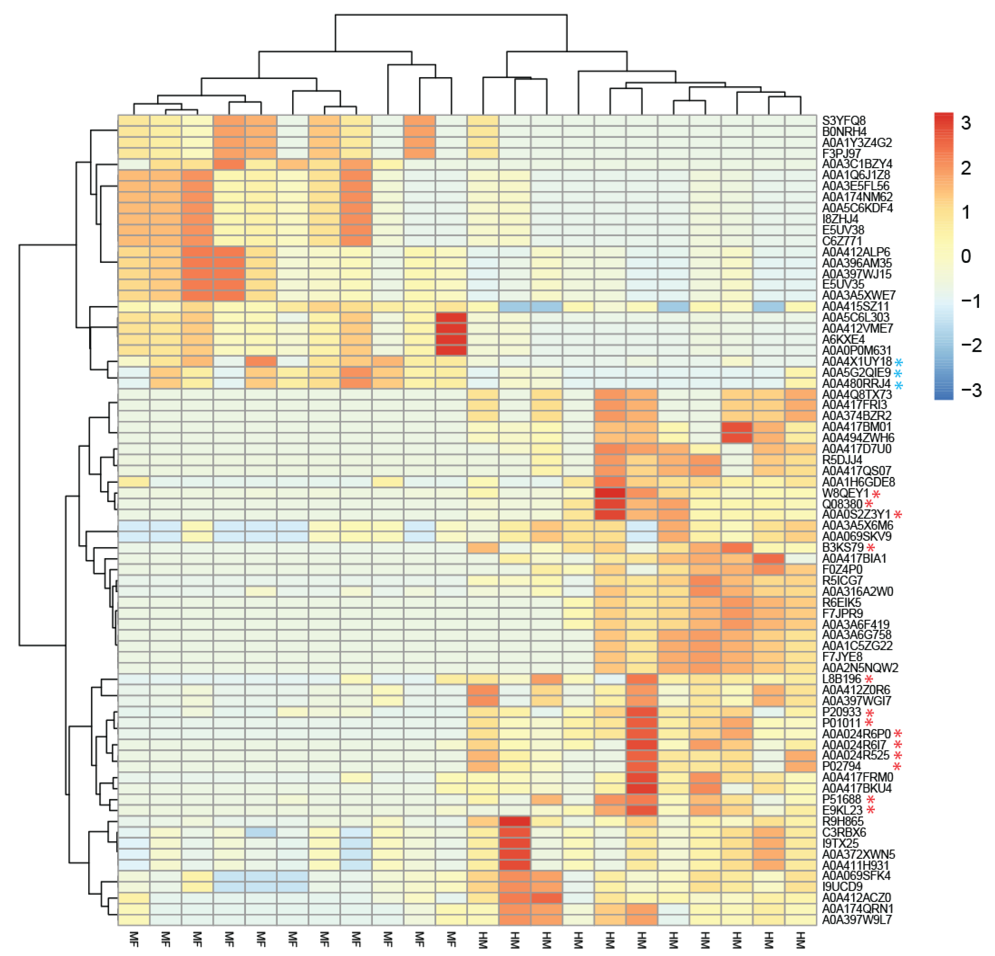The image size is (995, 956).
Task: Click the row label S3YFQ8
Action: pyautogui.click(x=844, y=121)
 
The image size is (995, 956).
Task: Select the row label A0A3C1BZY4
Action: pyautogui.click(x=857, y=164)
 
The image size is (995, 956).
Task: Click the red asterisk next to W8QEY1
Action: pyautogui.click(x=876, y=494)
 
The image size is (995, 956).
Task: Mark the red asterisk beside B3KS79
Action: pyautogui.click(x=871, y=548)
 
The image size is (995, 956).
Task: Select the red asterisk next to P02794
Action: pyautogui.click(x=898, y=767)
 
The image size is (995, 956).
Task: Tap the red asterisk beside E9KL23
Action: pyautogui.click(x=871, y=810)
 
